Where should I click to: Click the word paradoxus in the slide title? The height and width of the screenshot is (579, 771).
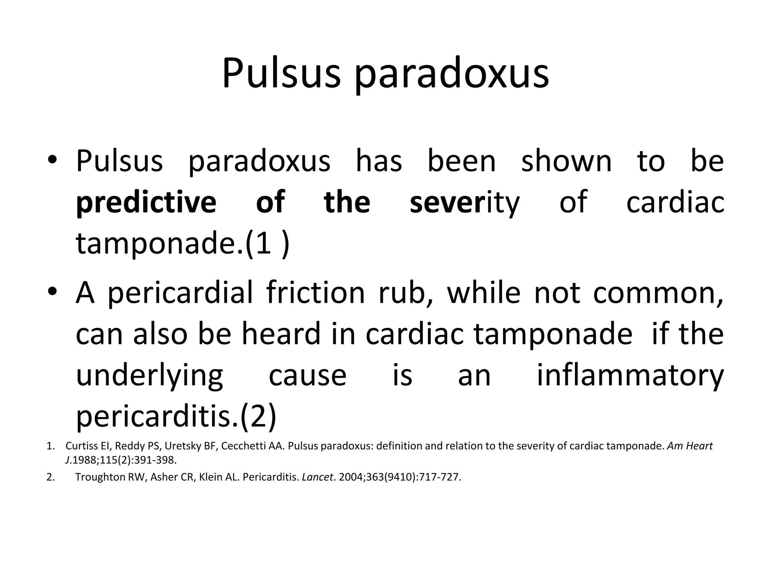pyautogui.click(x=452, y=74)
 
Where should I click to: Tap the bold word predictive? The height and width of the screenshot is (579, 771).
pyautogui.click(x=146, y=202)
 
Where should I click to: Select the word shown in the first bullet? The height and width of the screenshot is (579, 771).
pyautogui.click(x=566, y=161)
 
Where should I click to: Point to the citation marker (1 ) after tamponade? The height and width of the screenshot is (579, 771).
pyautogui.click(x=268, y=244)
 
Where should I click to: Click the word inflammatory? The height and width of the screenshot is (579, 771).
pyautogui.click(x=630, y=376)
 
